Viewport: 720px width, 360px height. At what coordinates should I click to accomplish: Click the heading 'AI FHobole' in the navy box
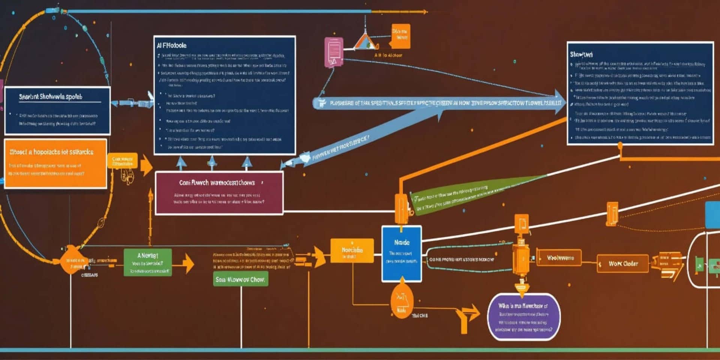(172, 45)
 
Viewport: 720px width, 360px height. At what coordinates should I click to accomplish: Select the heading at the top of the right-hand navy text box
(581, 54)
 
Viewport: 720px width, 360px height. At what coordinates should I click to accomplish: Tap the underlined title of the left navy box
(51, 97)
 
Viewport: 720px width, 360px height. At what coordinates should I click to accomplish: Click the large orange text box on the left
(55, 163)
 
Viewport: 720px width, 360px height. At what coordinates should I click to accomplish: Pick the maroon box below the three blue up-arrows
(219, 193)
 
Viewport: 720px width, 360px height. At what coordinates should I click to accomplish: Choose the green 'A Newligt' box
(148, 262)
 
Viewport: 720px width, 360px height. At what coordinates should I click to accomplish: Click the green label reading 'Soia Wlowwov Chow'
(240, 279)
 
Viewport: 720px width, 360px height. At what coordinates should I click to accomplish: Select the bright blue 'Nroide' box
(402, 253)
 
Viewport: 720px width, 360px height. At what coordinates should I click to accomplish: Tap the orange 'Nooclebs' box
(352, 250)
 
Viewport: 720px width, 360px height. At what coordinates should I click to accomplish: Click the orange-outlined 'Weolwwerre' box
(559, 258)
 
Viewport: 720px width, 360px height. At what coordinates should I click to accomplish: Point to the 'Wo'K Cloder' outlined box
(622, 264)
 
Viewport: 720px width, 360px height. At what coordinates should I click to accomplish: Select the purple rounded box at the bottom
(524, 317)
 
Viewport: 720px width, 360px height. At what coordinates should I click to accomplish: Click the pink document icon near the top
(334, 52)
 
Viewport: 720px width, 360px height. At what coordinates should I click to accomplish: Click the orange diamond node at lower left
(71, 260)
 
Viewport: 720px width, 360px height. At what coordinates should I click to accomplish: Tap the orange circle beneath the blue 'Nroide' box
(402, 300)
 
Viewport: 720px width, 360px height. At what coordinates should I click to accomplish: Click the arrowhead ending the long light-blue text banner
(559, 102)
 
